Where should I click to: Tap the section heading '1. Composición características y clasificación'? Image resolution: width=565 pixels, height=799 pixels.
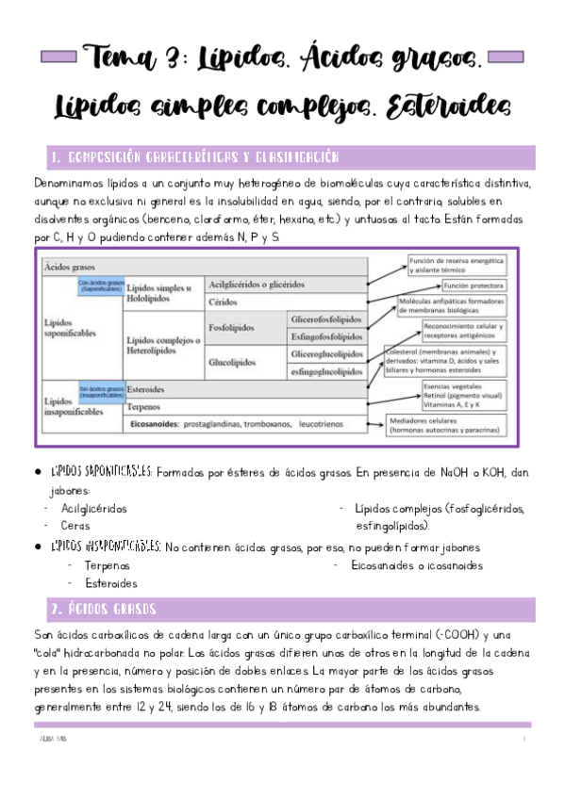tap(194, 157)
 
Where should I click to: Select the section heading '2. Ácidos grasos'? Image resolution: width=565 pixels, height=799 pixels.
tap(103, 609)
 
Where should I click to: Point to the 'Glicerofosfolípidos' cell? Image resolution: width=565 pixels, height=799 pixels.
tap(326, 318)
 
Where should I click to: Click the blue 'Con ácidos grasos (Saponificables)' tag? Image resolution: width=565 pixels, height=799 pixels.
tap(100, 285)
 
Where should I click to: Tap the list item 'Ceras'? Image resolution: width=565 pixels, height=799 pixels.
tap(75, 526)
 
